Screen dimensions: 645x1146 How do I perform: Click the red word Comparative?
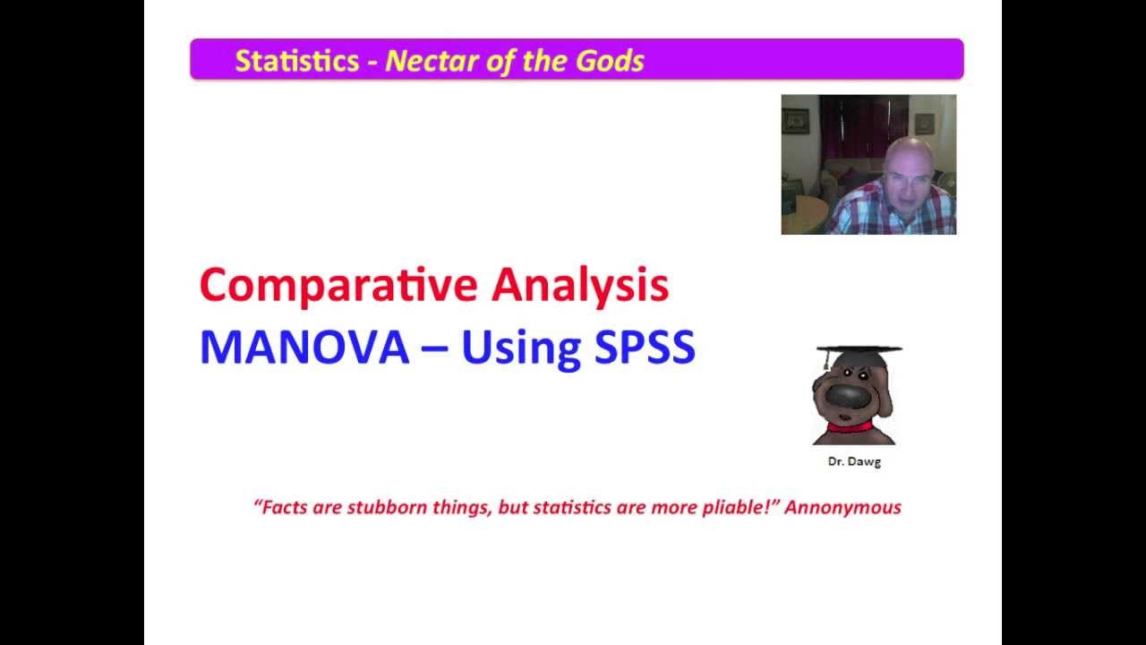[x=338, y=286]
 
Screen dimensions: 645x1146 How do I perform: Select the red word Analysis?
[x=579, y=286]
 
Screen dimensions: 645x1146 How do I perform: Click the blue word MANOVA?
[x=304, y=348]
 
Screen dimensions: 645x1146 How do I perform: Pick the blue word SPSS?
[x=645, y=348]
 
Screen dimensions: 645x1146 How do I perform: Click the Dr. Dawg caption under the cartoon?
[x=854, y=462]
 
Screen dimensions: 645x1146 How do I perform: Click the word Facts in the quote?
[x=285, y=507]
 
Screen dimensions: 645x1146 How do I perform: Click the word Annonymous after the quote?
[x=842, y=507]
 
